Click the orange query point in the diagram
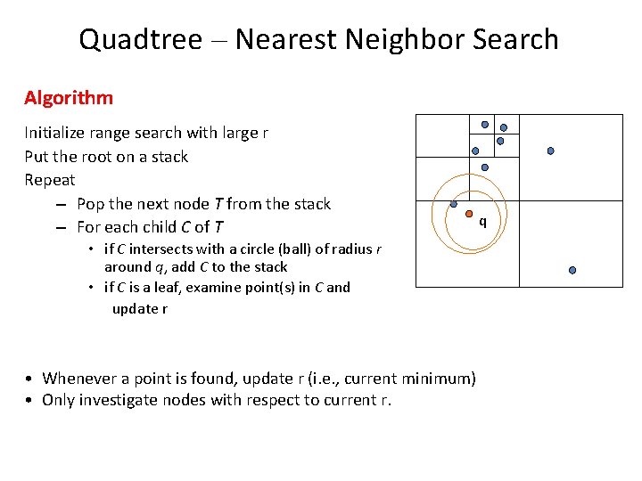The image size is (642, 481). [x=468, y=215]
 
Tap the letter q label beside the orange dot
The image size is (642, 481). [x=482, y=221]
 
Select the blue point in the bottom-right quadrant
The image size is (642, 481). [x=572, y=270]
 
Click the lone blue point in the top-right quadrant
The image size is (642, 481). [x=550, y=151]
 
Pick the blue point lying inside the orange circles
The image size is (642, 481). [x=454, y=204]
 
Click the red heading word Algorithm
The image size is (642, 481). [x=69, y=97]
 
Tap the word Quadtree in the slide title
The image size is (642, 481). [x=140, y=40]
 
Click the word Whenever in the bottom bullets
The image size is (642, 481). [x=82, y=379]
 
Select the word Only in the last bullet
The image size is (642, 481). [x=58, y=400]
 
